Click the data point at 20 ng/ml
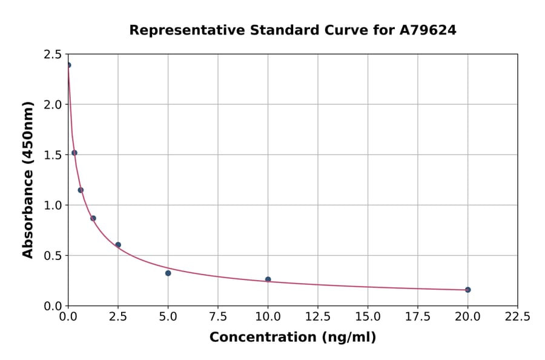click(x=467, y=290)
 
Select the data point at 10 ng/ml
click(x=268, y=279)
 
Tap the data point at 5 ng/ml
click(x=168, y=273)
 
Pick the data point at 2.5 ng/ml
click(x=118, y=245)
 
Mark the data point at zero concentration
click(x=68, y=65)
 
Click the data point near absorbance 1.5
click(x=74, y=153)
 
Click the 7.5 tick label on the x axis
click(x=218, y=316)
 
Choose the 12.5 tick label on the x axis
click(x=318, y=316)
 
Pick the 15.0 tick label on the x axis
click(x=368, y=316)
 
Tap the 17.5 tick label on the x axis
click(x=418, y=316)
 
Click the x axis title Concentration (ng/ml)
click(x=292, y=338)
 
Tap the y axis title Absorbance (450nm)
click(x=28, y=179)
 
